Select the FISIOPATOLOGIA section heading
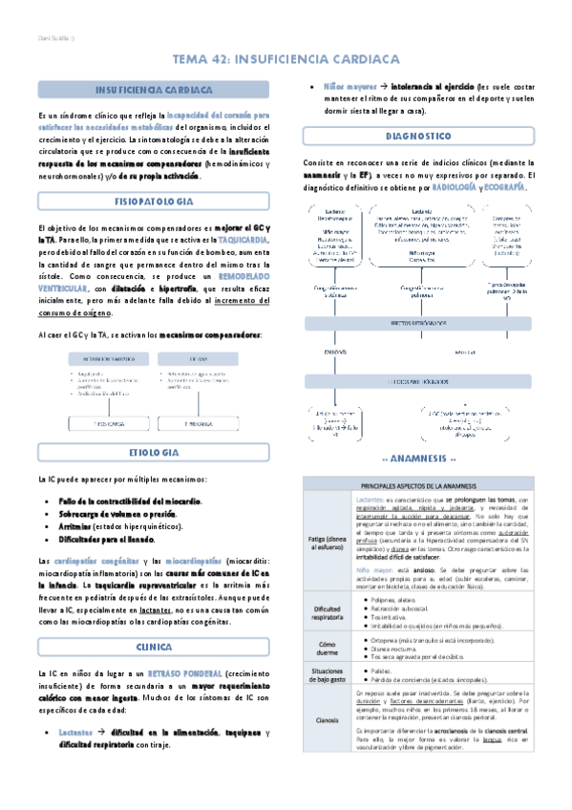click(x=154, y=202)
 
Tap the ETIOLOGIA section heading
click(x=154, y=451)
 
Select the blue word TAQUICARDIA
click(x=243, y=240)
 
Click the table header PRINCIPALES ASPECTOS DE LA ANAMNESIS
click(x=419, y=486)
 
